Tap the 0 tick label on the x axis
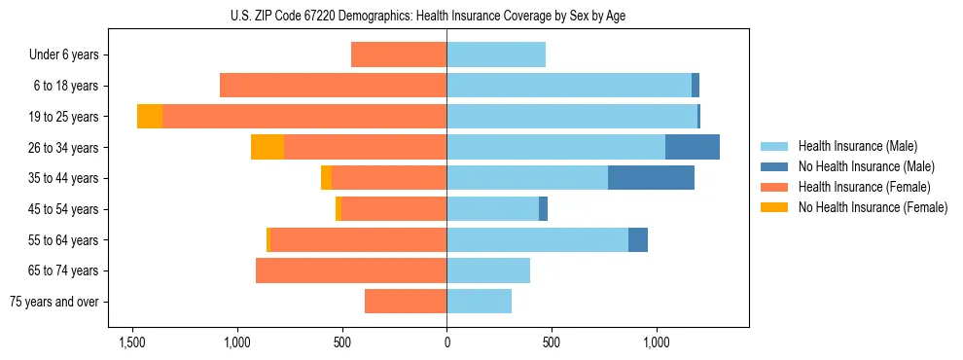tap(446, 343)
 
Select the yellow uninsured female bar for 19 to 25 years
tap(150, 117)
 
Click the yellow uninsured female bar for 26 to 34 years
tap(267, 147)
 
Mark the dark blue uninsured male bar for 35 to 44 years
tap(651, 178)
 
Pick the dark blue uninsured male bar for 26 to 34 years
tap(693, 147)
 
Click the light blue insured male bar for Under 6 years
tap(496, 54)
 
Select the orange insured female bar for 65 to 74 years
tap(351, 270)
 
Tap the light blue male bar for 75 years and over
tap(479, 302)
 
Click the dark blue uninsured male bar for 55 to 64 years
tap(638, 239)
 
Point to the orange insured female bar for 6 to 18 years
tap(333, 86)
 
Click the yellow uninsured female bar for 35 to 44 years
tap(326, 178)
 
